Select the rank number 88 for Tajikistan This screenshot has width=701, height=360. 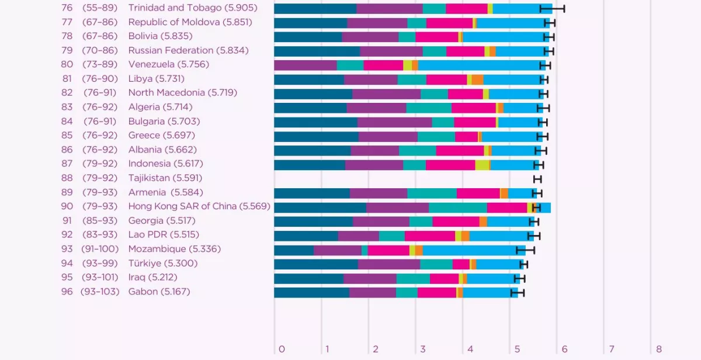[67, 178]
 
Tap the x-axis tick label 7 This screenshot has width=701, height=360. [612, 349]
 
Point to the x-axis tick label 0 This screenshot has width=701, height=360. [282, 349]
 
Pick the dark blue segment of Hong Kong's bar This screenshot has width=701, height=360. [320, 207]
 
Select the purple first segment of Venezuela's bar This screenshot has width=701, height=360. [305, 65]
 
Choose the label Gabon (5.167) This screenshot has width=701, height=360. [159, 291]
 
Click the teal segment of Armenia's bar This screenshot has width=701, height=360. [432, 193]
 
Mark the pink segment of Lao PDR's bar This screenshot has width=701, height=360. [429, 236]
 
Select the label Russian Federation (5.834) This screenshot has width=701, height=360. [188, 50]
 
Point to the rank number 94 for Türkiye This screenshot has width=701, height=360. [67, 263]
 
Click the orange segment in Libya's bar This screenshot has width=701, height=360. [477, 79]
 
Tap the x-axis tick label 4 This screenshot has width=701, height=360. [470, 349]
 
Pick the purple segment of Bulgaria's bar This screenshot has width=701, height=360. [394, 122]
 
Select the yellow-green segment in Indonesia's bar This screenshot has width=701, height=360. [482, 165]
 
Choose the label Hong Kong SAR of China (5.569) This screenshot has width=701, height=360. [199, 206]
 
